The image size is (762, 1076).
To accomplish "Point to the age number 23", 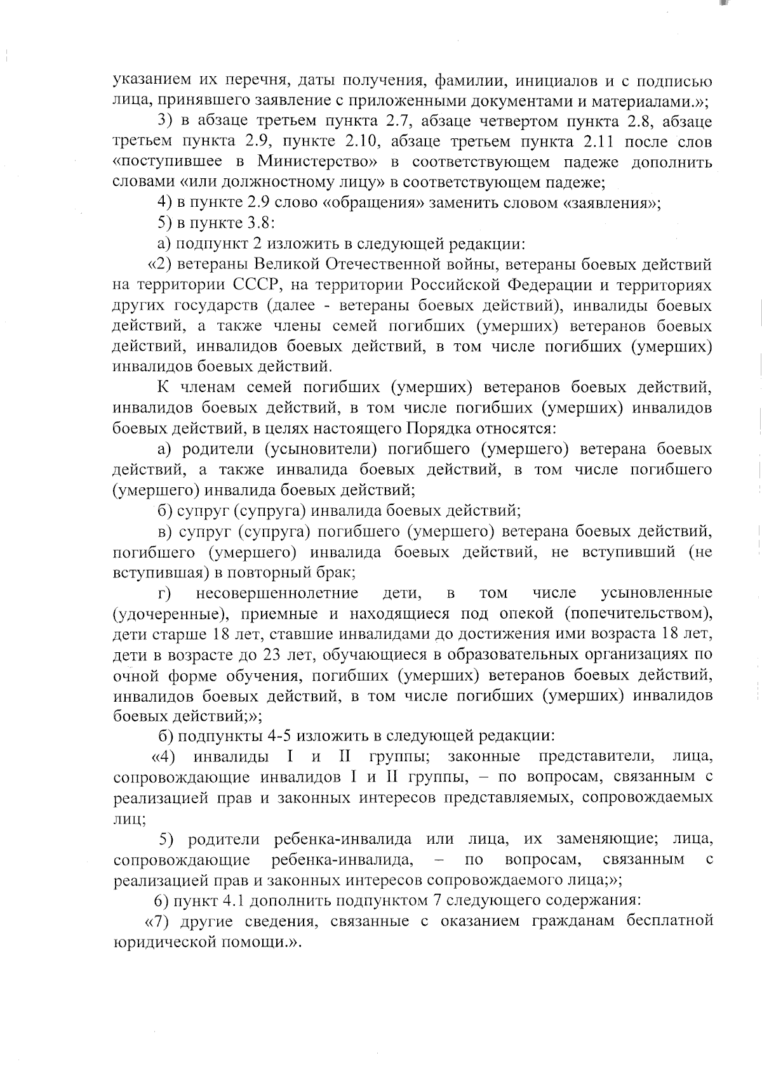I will coord(255,654).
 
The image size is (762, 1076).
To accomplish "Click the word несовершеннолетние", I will coord(277,593).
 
